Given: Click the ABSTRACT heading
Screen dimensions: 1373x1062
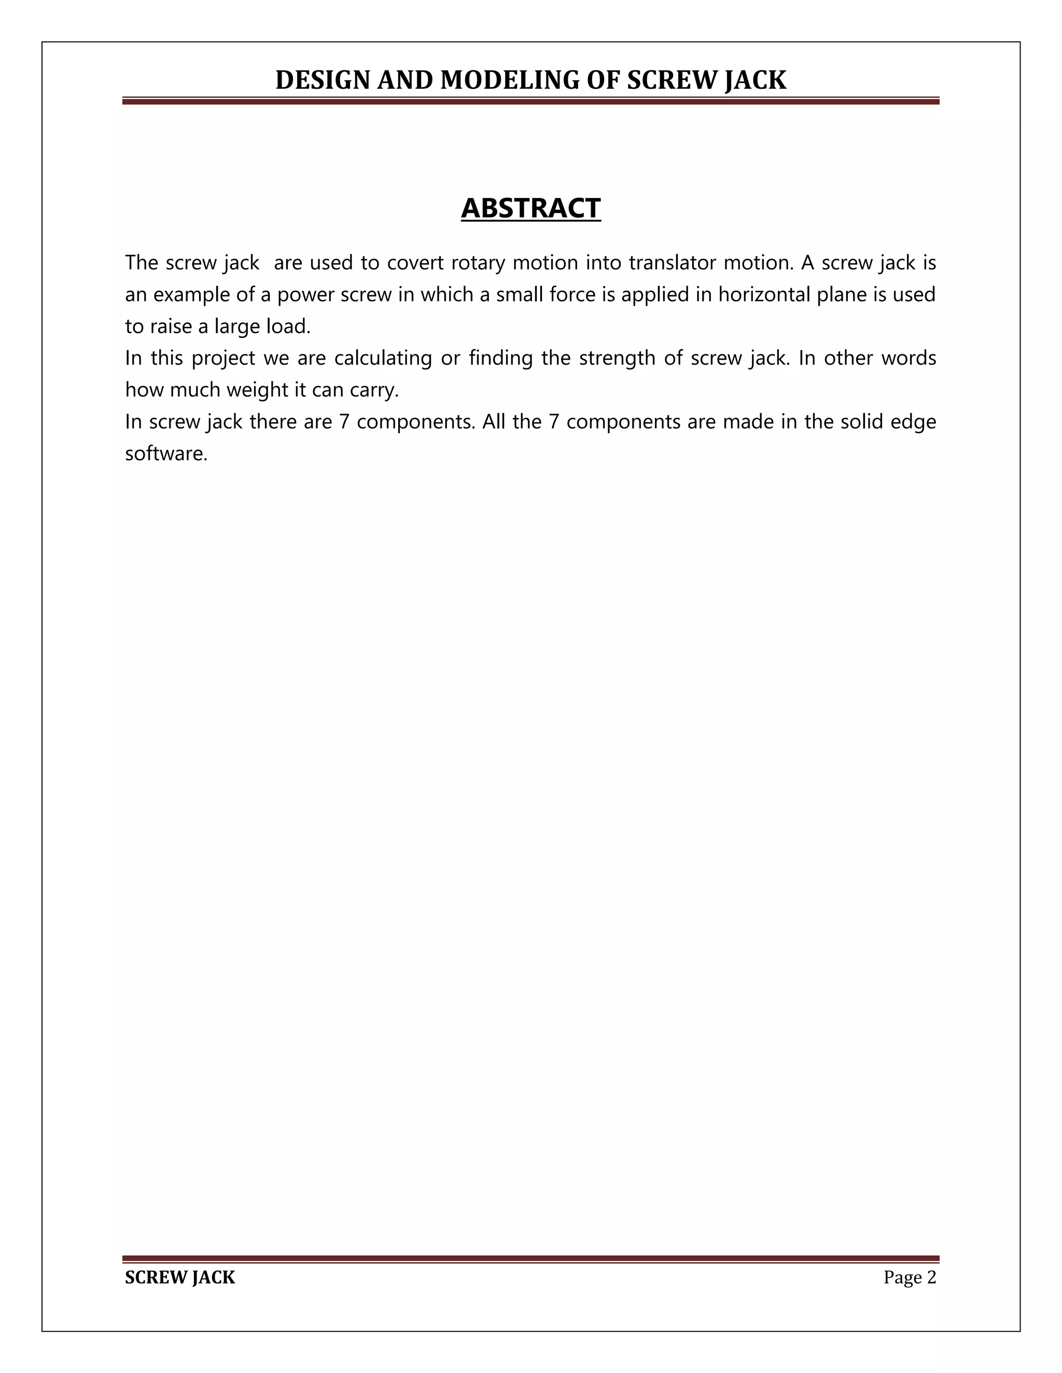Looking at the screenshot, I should click(530, 208).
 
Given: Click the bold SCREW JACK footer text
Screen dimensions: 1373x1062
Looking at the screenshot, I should click(180, 1278).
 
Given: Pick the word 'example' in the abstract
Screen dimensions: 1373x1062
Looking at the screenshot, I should click(191, 295).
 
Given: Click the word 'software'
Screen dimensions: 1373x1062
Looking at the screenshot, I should click(165, 454).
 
